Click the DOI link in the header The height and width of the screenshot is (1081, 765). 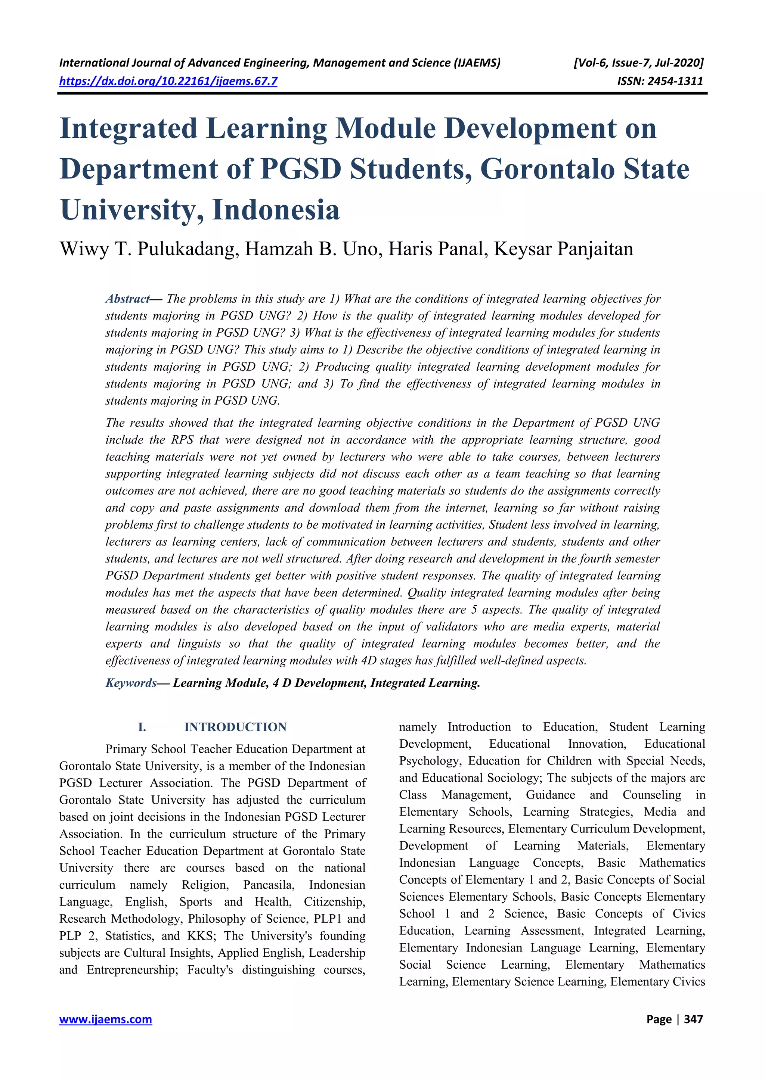click(168, 81)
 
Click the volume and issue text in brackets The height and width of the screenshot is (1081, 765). click(638, 63)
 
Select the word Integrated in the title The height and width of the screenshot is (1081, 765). click(128, 128)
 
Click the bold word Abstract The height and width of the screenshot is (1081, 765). click(127, 299)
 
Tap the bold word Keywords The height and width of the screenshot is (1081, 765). click(130, 683)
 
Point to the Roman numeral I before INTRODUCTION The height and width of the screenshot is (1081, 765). click(142, 728)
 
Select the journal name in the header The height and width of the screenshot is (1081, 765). click(280, 63)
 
